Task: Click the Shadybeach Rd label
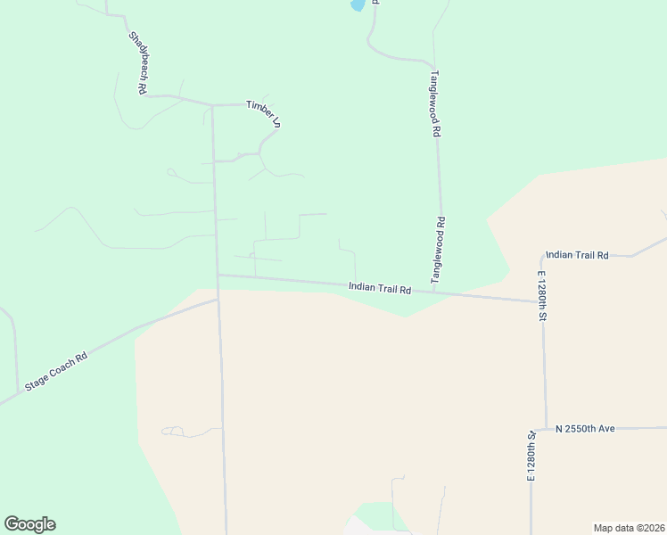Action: coord(137,63)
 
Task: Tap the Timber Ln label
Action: coord(264,113)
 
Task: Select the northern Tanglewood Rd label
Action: coord(435,103)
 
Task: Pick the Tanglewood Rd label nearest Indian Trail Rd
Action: coord(439,250)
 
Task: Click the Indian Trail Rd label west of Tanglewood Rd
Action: coord(379,289)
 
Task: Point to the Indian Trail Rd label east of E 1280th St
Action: coord(577,255)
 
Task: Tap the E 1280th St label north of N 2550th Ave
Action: coord(542,294)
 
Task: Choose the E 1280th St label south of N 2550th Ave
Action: coord(530,457)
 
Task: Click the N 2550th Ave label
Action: coord(586,429)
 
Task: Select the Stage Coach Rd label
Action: coord(56,369)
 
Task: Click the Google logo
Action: coord(29,524)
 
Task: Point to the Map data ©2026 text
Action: coord(628,528)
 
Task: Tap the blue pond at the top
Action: coord(358,4)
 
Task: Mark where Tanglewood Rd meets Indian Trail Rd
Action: coord(434,292)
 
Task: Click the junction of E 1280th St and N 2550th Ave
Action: coord(545,429)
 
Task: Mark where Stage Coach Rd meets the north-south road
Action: coord(218,300)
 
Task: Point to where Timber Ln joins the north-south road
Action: coord(212,105)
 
